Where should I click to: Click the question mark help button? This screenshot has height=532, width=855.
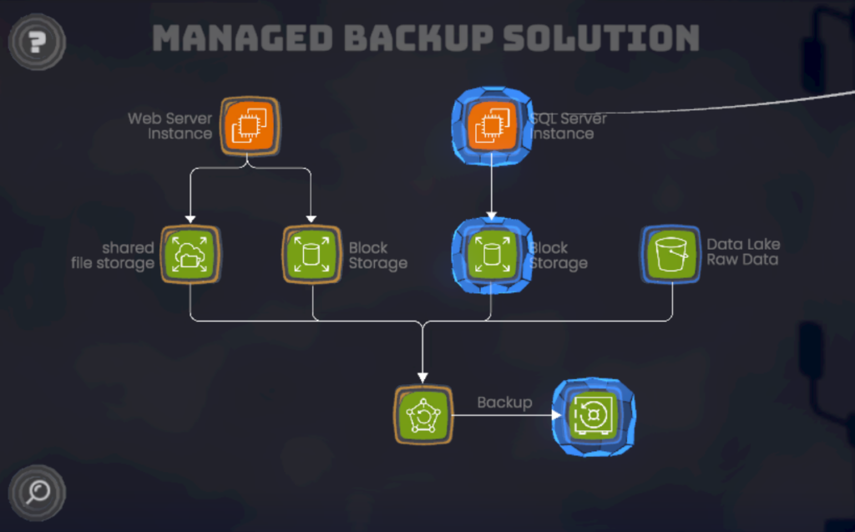pos(37,40)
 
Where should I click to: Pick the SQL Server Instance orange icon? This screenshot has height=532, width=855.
pos(491,125)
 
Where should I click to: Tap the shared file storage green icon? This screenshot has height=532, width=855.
pos(190,255)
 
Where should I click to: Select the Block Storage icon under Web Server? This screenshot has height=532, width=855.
pos(311,255)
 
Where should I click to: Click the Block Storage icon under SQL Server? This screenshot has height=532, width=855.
pos(491,255)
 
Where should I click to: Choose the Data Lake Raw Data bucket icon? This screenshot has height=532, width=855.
pos(671,255)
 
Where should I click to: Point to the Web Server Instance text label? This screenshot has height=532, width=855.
pos(170,126)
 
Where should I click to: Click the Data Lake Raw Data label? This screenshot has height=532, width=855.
pos(743,252)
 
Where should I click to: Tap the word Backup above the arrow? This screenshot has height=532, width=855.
pos(504,403)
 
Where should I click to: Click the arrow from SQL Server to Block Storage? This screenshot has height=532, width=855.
pos(491,188)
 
